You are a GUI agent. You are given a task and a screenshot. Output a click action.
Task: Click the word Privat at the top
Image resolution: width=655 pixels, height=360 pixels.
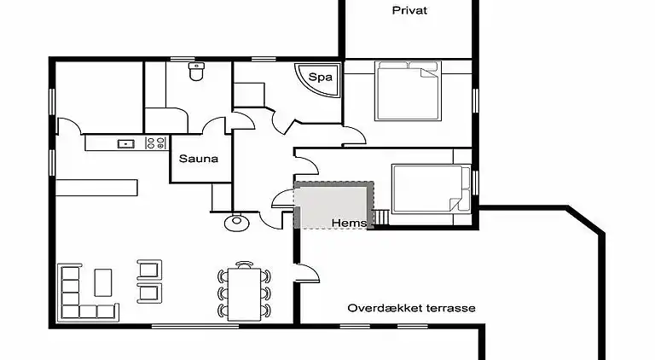pos(409,11)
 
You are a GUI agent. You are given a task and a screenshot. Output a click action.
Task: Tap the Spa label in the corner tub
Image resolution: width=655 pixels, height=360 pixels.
pos(320,77)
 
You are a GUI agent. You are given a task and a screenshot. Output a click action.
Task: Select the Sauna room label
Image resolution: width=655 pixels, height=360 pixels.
pos(198,159)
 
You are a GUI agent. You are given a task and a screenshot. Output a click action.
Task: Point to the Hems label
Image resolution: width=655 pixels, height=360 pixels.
pos(350,223)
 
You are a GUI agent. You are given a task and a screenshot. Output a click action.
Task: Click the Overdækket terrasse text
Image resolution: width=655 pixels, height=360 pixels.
pos(411,308)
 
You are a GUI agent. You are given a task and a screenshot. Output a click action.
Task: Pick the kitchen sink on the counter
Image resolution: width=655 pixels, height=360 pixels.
pos(125,143)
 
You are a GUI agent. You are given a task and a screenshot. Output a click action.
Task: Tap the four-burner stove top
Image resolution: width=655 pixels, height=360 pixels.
pos(155,143)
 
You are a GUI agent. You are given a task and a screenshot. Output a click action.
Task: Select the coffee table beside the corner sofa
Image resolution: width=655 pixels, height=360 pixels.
pos(103,281)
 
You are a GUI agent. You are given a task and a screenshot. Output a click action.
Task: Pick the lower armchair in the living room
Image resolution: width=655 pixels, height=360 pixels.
pos(148,293)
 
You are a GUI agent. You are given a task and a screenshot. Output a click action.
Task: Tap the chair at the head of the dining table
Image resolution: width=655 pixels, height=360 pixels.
pos(245,264)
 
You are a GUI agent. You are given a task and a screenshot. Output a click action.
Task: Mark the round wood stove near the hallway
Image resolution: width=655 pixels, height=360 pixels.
pos(235,223)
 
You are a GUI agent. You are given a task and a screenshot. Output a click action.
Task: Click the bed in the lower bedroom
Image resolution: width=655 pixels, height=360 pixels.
pos(430,189)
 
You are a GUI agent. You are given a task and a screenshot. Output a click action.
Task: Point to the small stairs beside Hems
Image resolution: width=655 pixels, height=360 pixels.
pos(381,219)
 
